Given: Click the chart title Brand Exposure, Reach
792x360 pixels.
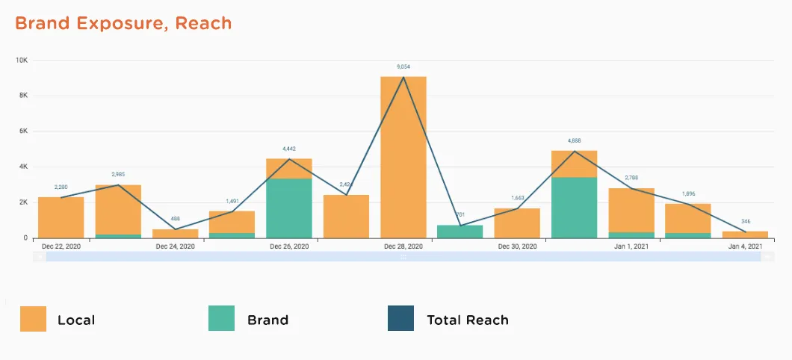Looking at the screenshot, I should pos(123,23).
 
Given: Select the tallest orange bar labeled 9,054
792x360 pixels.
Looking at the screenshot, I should pos(403,157).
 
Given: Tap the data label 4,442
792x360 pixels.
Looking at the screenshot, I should pos(290,149).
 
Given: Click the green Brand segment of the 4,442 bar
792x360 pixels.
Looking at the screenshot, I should pos(289,208).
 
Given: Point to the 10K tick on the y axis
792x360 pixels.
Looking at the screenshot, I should pos(22,60).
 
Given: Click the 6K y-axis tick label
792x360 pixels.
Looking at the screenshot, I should pos(23,131).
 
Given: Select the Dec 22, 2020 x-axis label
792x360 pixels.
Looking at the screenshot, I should pos(61,246).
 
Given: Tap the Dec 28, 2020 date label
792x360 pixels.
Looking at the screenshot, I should pos(403,246).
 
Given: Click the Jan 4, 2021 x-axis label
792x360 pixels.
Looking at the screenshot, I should pos(745,246).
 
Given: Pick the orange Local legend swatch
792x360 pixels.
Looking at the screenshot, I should pos(33,319).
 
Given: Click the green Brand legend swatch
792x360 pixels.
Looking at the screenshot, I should pos(221,319).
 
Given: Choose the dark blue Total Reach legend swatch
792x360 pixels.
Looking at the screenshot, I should pos(400,319).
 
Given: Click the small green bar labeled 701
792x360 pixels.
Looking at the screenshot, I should pos(460,232).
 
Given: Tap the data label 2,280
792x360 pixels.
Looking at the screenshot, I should pos(61,187).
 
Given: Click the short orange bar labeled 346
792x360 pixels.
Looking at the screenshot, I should pos(745,235).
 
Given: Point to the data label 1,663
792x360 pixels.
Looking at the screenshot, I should pos(517,198).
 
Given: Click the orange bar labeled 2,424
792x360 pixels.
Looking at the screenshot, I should pos(346,217).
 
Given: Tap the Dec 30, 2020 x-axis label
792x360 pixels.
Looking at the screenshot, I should pos(517,246).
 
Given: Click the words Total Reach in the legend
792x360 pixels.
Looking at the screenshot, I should pos(467,320).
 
